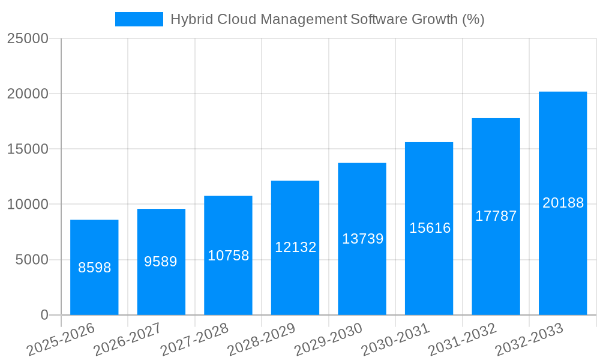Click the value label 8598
click(95, 268)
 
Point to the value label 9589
click(161, 262)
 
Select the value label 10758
click(228, 256)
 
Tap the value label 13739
click(362, 239)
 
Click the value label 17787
click(496, 216)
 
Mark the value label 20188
click(563, 203)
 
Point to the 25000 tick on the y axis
click(28, 38)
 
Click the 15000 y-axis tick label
click(28, 149)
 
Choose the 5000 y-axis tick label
click(31, 260)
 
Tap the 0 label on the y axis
click(44, 315)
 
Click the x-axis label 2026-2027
click(127, 339)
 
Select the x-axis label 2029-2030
click(328, 339)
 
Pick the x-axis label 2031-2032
click(462, 339)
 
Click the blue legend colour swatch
click(139, 19)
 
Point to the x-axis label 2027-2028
click(194, 339)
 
